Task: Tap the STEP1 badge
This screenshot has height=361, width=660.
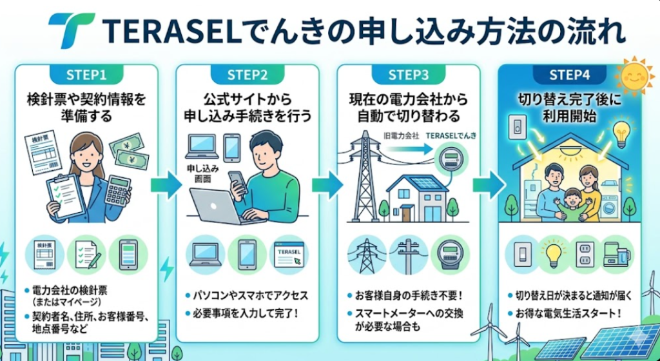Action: coord(86,75)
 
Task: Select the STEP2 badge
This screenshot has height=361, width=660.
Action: coord(247,75)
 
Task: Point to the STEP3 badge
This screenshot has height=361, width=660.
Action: coord(408,75)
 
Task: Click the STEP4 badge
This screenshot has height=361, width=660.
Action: coord(569,75)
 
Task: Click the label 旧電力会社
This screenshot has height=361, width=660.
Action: coord(401,137)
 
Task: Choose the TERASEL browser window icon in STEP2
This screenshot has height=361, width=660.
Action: coord(288,254)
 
